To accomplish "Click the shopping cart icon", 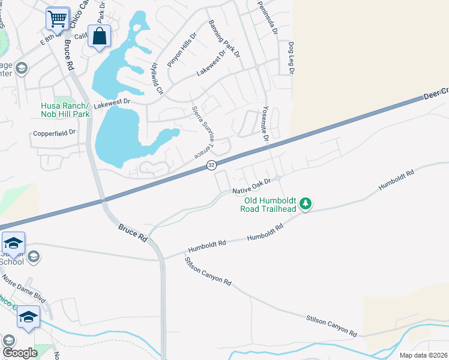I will click(58, 19).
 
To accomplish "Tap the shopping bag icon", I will click(100, 36).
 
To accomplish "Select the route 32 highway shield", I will click(211, 165).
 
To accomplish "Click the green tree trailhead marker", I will click(306, 204).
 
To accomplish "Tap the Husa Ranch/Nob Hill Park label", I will click(65, 110).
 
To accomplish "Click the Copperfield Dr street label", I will click(55, 132).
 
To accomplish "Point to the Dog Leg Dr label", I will click(291, 58).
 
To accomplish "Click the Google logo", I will click(20, 353).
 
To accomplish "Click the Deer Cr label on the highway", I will click(436, 93).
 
